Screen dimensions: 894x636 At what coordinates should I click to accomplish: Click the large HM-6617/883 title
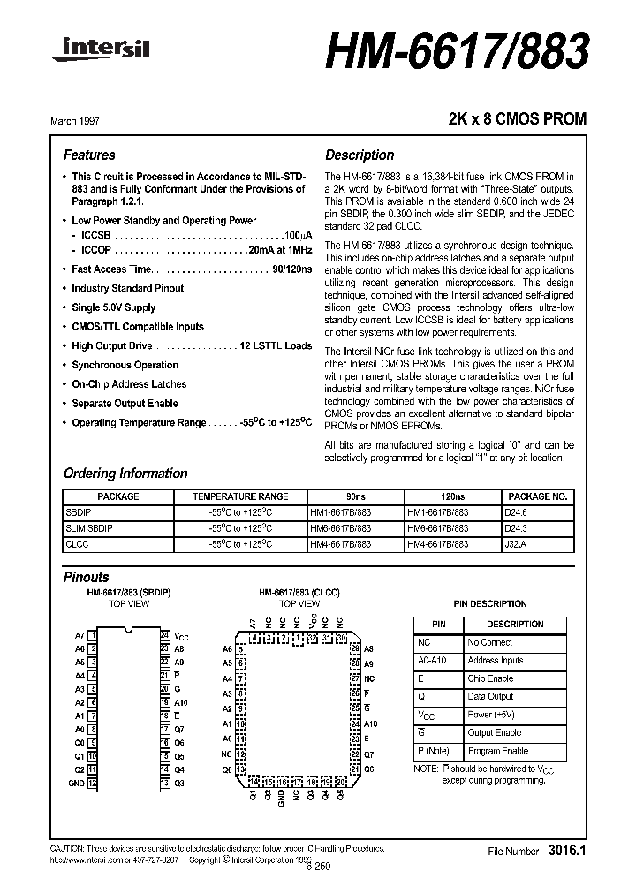(x=457, y=53)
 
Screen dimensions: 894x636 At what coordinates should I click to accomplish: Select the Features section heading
(x=89, y=155)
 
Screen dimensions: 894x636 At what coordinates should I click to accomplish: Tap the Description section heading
(x=360, y=155)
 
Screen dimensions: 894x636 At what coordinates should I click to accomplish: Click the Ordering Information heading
(x=125, y=474)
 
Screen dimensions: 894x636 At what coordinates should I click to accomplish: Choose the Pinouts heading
(x=87, y=577)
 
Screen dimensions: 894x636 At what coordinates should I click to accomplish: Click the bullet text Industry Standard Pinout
(x=127, y=288)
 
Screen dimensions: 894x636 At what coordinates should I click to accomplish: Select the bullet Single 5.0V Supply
(x=113, y=307)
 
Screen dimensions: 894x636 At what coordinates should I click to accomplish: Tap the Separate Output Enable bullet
(x=125, y=404)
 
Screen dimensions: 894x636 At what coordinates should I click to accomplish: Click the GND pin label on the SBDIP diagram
(x=77, y=784)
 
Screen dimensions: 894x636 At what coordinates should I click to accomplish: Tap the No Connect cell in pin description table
(x=489, y=642)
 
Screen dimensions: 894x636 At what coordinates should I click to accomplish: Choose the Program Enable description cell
(x=497, y=751)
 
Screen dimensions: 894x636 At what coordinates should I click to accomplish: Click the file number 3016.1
(x=566, y=851)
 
